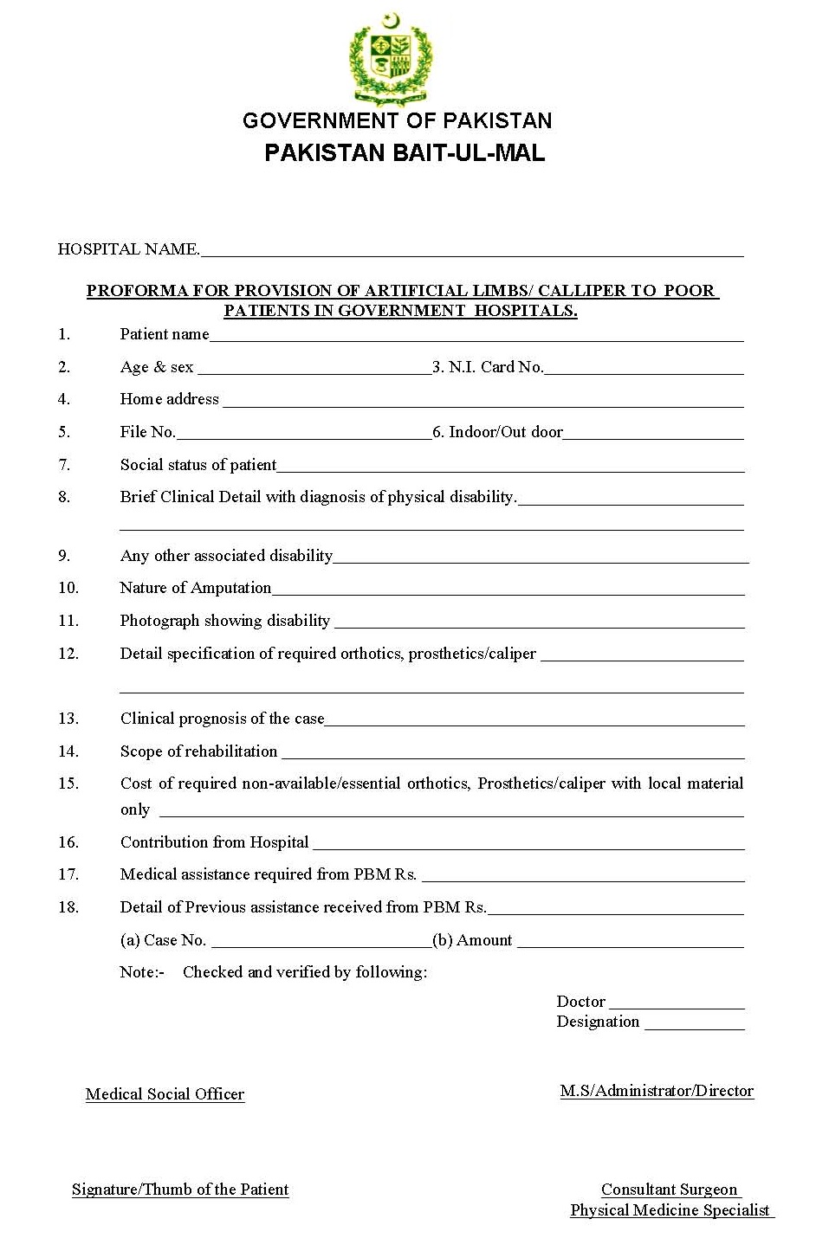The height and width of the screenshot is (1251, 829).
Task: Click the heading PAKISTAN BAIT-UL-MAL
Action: pyautogui.click(x=404, y=153)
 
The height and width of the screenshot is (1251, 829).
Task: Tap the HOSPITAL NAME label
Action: pyautogui.click(x=128, y=249)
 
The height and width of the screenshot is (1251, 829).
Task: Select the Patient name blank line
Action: pyautogui.click(x=476, y=339)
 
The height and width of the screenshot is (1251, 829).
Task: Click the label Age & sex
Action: pyautogui.click(x=157, y=367)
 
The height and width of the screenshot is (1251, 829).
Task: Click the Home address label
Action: pyautogui.click(x=169, y=399)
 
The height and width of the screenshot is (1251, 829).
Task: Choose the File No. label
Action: pyautogui.click(x=147, y=432)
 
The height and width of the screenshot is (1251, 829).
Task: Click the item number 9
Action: pyautogui.click(x=64, y=556)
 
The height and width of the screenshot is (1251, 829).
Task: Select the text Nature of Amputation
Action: pyautogui.click(x=195, y=588)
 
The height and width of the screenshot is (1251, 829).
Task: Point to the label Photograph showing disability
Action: pyautogui.click(x=224, y=621)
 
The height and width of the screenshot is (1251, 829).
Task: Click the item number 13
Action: pyautogui.click(x=68, y=719)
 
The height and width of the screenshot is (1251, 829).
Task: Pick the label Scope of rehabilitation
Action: pyautogui.click(x=198, y=751)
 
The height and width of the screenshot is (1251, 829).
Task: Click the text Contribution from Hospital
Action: pyautogui.click(x=214, y=842)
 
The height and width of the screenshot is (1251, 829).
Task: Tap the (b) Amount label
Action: pyautogui.click(x=472, y=940)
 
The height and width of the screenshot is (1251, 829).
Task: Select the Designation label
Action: pyautogui.click(x=598, y=1022)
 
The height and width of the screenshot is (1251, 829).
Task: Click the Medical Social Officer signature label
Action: pyautogui.click(x=165, y=1094)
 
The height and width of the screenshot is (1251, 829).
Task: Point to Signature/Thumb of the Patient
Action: pyautogui.click(x=180, y=1190)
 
